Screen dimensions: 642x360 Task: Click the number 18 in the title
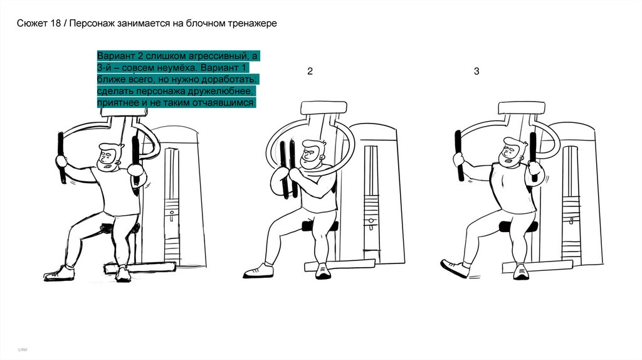[56, 23]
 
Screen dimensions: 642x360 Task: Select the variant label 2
[310, 71]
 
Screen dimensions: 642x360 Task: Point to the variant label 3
[476, 71]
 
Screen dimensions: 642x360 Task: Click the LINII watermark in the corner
[23, 349]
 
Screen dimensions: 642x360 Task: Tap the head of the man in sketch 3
[512, 152]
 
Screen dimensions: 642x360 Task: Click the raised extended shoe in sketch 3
[455, 268]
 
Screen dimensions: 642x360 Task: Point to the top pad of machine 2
[324, 108]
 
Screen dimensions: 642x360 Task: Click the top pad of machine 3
[521, 108]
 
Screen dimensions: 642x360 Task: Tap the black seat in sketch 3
[517, 226]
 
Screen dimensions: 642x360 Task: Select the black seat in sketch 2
[320, 226]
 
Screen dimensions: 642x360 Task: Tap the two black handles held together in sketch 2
[287, 169]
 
